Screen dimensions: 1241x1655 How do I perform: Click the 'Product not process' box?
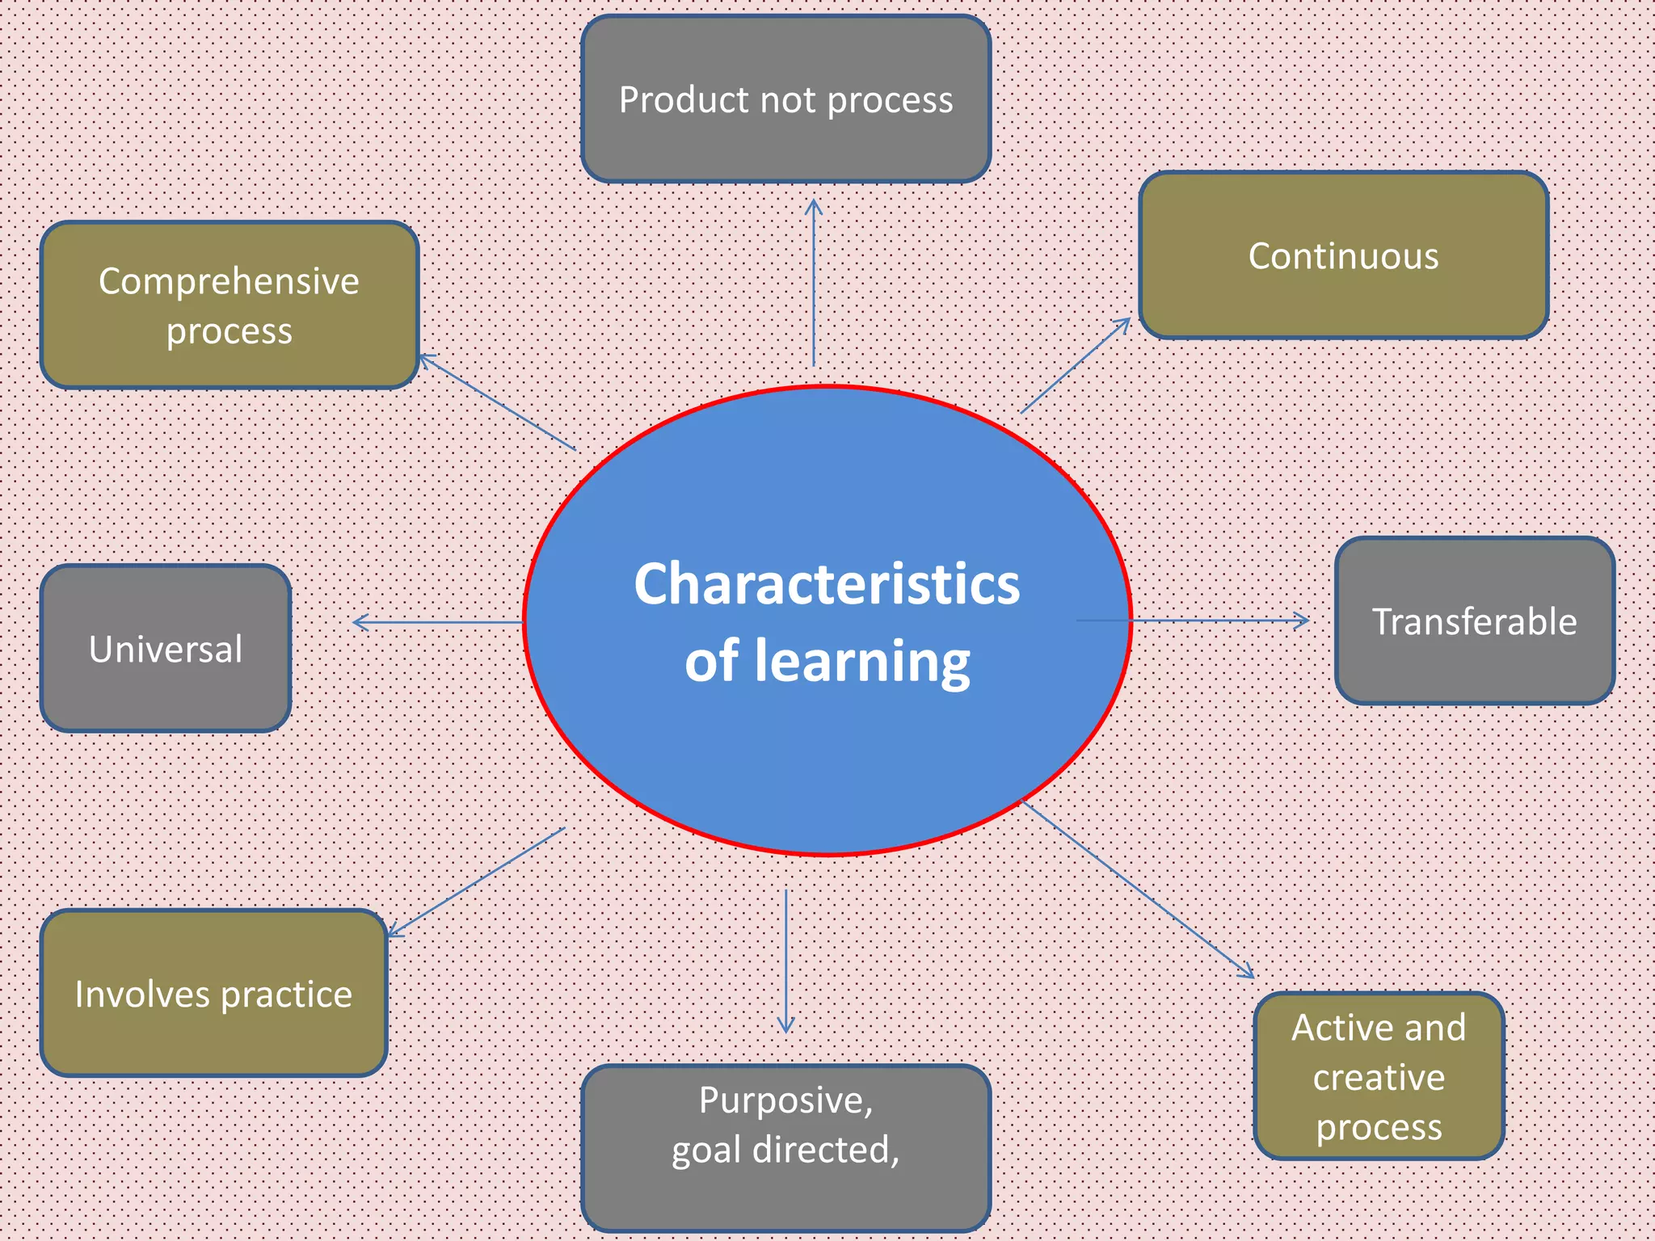(785, 99)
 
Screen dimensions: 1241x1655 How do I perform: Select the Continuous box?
(1343, 255)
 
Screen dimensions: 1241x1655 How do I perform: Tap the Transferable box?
(1474, 621)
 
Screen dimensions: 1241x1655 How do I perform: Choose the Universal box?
(166, 649)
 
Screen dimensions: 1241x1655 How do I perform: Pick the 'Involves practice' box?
(213, 994)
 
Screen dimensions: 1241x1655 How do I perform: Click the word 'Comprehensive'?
(229, 281)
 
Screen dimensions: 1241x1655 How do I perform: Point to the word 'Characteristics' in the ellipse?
(827, 583)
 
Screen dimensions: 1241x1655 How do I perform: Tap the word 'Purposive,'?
(785, 1100)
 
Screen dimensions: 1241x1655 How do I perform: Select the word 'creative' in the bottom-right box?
(1379, 1077)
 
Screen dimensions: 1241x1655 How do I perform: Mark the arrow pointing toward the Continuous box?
(1075, 365)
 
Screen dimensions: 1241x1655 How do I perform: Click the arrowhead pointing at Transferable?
(1302, 620)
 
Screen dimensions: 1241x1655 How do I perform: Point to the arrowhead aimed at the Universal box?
(360, 622)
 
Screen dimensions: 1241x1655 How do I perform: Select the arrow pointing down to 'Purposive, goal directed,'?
(785, 961)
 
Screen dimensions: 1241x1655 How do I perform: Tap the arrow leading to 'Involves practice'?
(477, 881)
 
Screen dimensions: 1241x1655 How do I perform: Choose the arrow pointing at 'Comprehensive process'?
(497, 402)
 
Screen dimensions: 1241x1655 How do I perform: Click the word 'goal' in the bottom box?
(705, 1150)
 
